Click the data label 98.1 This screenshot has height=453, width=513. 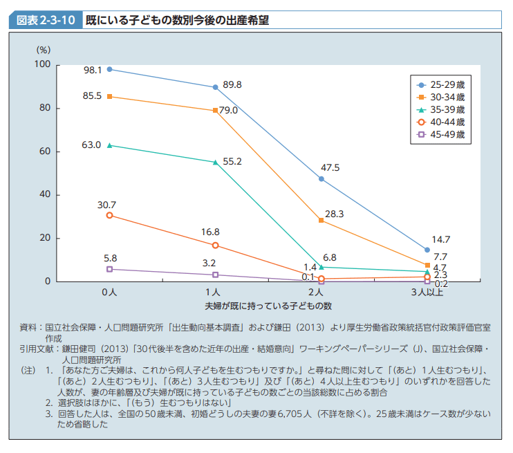pos(93,70)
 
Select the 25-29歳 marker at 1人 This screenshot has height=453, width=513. pos(216,87)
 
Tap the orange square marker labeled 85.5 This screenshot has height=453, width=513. pos(109,96)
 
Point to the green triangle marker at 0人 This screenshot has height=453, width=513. pos(109,145)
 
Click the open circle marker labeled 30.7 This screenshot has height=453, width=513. pos(109,215)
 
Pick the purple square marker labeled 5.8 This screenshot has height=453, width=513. pos(109,269)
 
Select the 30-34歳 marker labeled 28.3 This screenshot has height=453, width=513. pos(321,220)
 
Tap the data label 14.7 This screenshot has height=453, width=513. pos(441,239)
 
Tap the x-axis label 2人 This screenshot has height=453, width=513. pos(321,293)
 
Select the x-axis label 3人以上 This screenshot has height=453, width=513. pos(427,293)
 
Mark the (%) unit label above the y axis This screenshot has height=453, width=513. pos(43,50)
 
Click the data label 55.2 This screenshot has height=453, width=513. pos(232,162)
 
